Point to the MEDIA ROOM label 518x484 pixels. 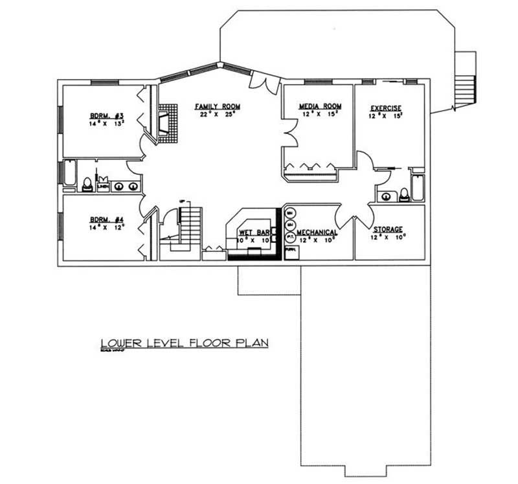click(x=320, y=106)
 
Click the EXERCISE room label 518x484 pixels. click(x=386, y=108)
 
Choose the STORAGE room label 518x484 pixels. click(x=388, y=229)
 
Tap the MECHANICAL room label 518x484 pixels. click(x=317, y=232)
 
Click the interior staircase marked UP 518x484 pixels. click(x=190, y=224)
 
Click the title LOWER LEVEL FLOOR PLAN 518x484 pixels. click(x=184, y=343)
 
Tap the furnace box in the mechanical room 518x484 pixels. click(x=291, y=251)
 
